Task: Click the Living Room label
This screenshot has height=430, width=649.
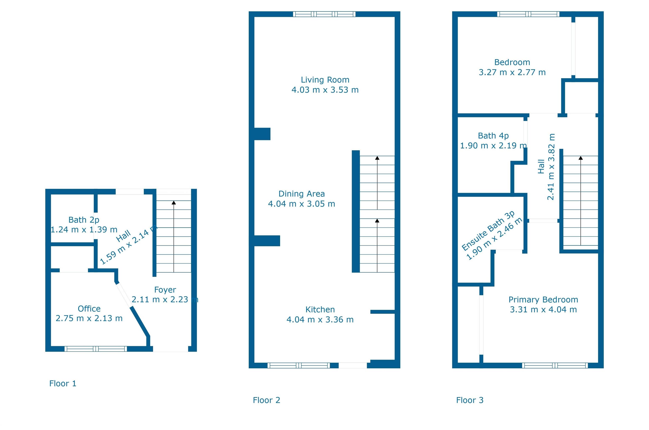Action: pyautogui.click(x=325, y=80)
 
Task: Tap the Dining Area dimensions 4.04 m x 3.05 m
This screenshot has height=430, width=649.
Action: pyautogui.click(x=301, y=204)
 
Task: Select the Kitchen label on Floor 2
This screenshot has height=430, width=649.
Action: pyautogui.click(x=320, y=310)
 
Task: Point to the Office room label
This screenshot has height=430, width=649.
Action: pyautogui.click(x=89, y=309)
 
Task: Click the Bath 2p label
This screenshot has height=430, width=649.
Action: pyautogui.click(x=84, y=220)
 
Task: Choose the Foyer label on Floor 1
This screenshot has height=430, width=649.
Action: pyautogui.click(x=165, y=290)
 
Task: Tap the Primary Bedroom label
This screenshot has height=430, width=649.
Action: pyautogui.click(x=543, y=299)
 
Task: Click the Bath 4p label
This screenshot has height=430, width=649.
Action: pyautogui.click(x=493, y=136)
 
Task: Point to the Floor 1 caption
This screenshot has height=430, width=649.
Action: pyautogui.click(x=63, y=383)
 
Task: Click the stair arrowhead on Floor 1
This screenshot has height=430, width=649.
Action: pyautogui.click(x=174, y=203)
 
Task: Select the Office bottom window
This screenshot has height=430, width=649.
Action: pyautogui.click(x=96, y=349)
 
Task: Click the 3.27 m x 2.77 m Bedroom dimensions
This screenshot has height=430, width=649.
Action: pyautogui.click(x=512, y=72)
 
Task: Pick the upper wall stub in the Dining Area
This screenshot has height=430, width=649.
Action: pyautogui.click(x=262, y=134)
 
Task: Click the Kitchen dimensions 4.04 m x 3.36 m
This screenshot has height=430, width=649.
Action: pyautogui.click(x=320, y=320)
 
